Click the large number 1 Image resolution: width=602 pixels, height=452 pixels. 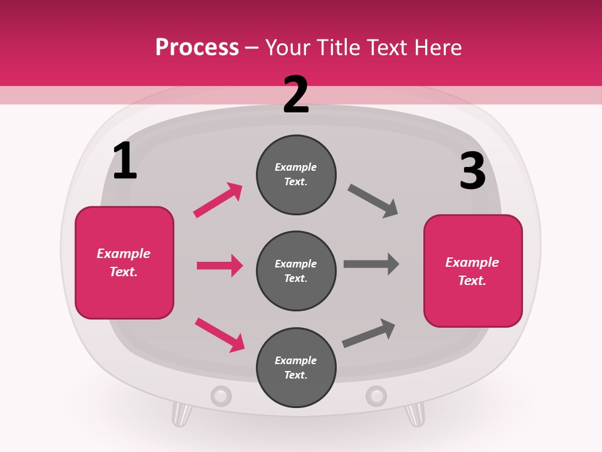[125, 161]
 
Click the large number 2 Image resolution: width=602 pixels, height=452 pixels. [296, 95]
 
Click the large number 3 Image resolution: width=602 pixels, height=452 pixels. [472, 171]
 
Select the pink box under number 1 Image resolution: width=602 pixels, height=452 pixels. [124, 262]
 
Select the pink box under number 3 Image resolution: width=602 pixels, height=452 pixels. [473, 271]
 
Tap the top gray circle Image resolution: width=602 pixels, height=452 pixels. [296, 175]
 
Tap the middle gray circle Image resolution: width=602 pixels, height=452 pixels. [296, 271]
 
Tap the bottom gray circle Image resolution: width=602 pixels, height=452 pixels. [296, 367]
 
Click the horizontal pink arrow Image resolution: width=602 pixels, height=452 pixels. [219, 266]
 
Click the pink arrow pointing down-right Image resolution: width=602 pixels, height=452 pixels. [219, 334]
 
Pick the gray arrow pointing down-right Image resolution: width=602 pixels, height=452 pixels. [373, 201]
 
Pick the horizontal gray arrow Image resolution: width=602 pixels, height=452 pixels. [371, 264]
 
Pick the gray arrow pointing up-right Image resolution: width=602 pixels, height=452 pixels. [369, 333]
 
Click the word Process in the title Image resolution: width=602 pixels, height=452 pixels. [197, 47]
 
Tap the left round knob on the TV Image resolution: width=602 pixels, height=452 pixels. [221, 396]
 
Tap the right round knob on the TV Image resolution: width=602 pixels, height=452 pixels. [376, 396]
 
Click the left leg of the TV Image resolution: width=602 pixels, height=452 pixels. [181, 414]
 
